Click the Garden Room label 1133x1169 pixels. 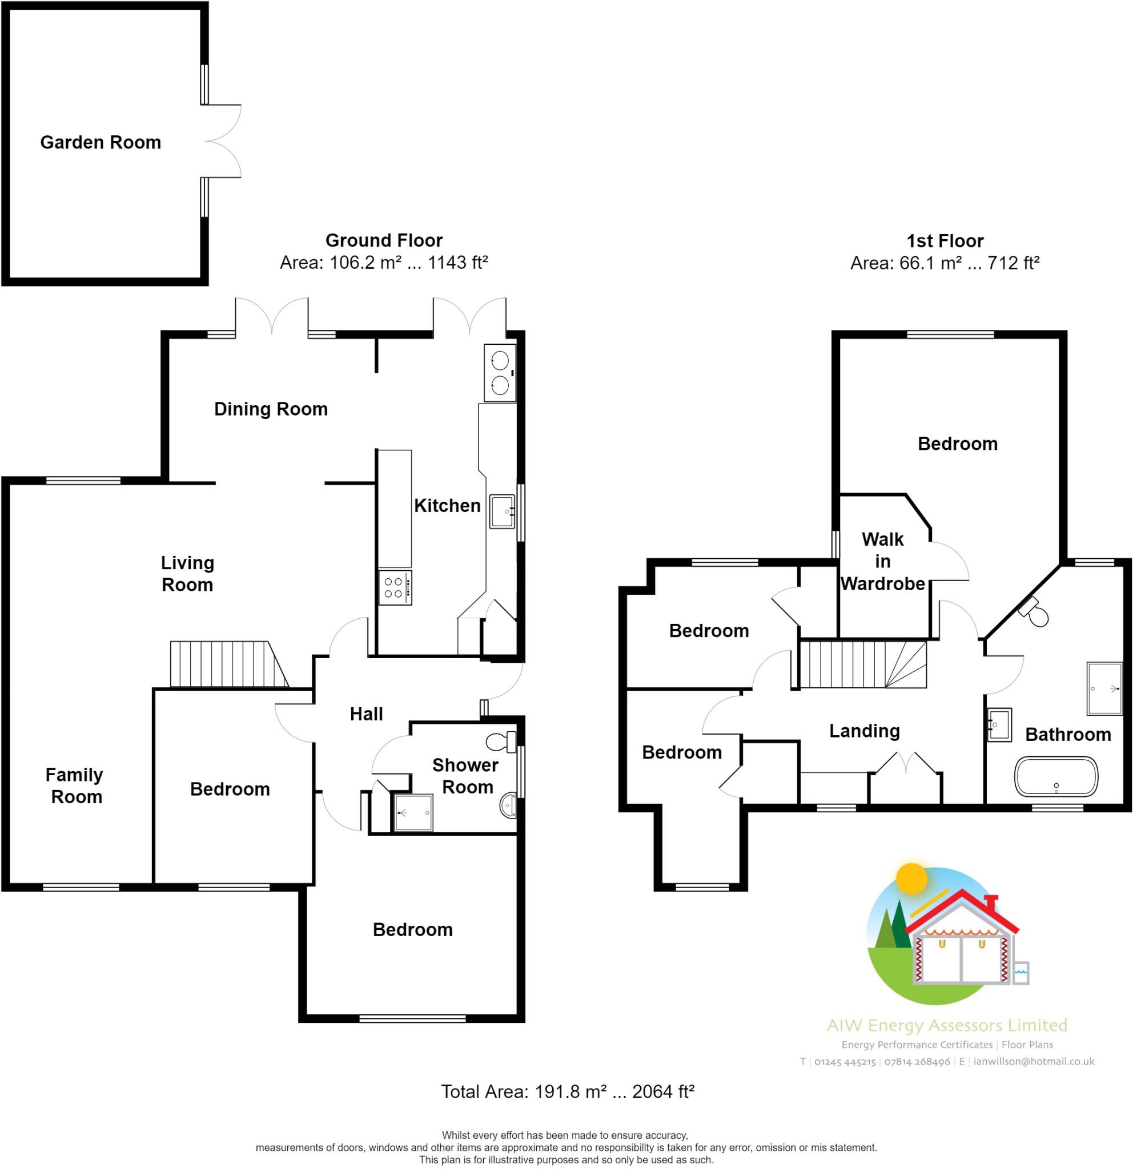[101, 143]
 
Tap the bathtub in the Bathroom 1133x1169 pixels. [1055, 776]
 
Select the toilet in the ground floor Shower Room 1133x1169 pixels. [502, 741]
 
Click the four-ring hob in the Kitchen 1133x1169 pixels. [395, 587]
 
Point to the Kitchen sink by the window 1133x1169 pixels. [502, 511]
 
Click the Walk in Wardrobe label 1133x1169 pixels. [882, 561]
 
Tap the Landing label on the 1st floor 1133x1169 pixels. [864, 731]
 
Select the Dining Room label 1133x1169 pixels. [271, 409]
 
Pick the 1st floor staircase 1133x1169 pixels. [862, 664]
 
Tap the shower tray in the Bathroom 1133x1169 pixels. [1104, 688]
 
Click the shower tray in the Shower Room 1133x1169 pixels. [413, 812]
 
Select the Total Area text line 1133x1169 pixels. [567, 1091]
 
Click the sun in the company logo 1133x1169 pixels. [912, 878]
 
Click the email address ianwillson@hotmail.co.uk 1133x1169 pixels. [1034, 1062]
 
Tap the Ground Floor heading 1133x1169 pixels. [384, 240]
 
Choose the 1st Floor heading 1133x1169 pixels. [945, 241]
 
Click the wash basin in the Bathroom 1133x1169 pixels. [999, 725]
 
